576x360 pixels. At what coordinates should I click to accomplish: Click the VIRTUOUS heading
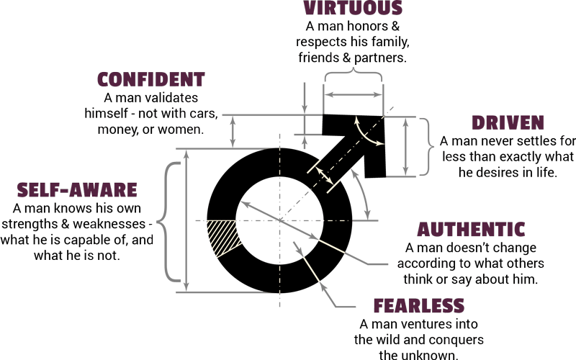point(353,8)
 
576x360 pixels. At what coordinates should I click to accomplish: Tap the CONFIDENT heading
point(151,79)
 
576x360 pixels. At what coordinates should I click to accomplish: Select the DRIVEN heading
point(508,122)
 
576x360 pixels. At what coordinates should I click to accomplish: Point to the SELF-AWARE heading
point(77,190)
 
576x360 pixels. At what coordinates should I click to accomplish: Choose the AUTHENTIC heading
point(471,229)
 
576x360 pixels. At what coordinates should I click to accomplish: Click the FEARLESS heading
point(419,305)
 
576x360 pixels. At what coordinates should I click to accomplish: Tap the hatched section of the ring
point(223,236)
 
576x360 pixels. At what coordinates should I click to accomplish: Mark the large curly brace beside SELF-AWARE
point(169,222)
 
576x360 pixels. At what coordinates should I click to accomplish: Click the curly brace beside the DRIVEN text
point(427,147)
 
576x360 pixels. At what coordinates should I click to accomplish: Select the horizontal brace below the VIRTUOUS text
point(354,75)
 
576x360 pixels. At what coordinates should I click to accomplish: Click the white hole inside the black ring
point(279,220)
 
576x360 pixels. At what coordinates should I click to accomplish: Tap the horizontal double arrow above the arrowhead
point(354,95)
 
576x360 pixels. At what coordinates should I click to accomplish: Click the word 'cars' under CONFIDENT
point(204,114)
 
